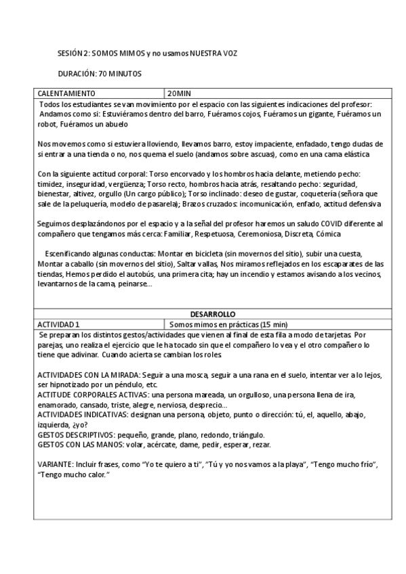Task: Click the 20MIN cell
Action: coord(180,93)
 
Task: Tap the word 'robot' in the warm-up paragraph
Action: coord(47,125)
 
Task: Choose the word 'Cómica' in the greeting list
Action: coord(348,234)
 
